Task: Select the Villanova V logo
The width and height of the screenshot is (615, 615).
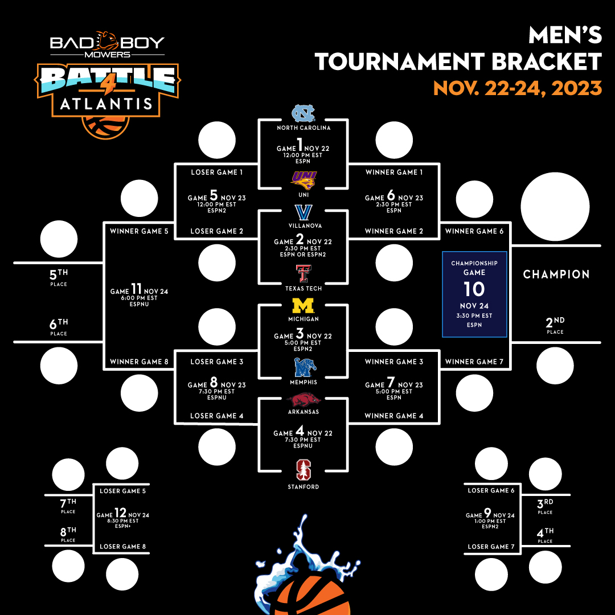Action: tap(303, 212)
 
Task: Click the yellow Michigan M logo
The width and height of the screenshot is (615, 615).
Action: tap(303, 306)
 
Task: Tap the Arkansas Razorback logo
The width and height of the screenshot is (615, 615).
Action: tap(304, 400)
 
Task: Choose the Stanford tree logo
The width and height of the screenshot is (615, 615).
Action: tap(303, 470)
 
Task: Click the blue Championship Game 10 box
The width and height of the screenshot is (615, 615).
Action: tap(474, 294)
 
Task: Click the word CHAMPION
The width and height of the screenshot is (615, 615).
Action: tap(556, 274)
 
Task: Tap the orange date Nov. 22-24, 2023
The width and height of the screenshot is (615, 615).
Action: tap(517, 88)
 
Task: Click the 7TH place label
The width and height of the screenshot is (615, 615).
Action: tap(68, 503)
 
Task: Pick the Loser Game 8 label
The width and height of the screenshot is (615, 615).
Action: tap(122, 547)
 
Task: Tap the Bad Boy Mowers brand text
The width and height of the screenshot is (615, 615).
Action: tap(107, 45)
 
